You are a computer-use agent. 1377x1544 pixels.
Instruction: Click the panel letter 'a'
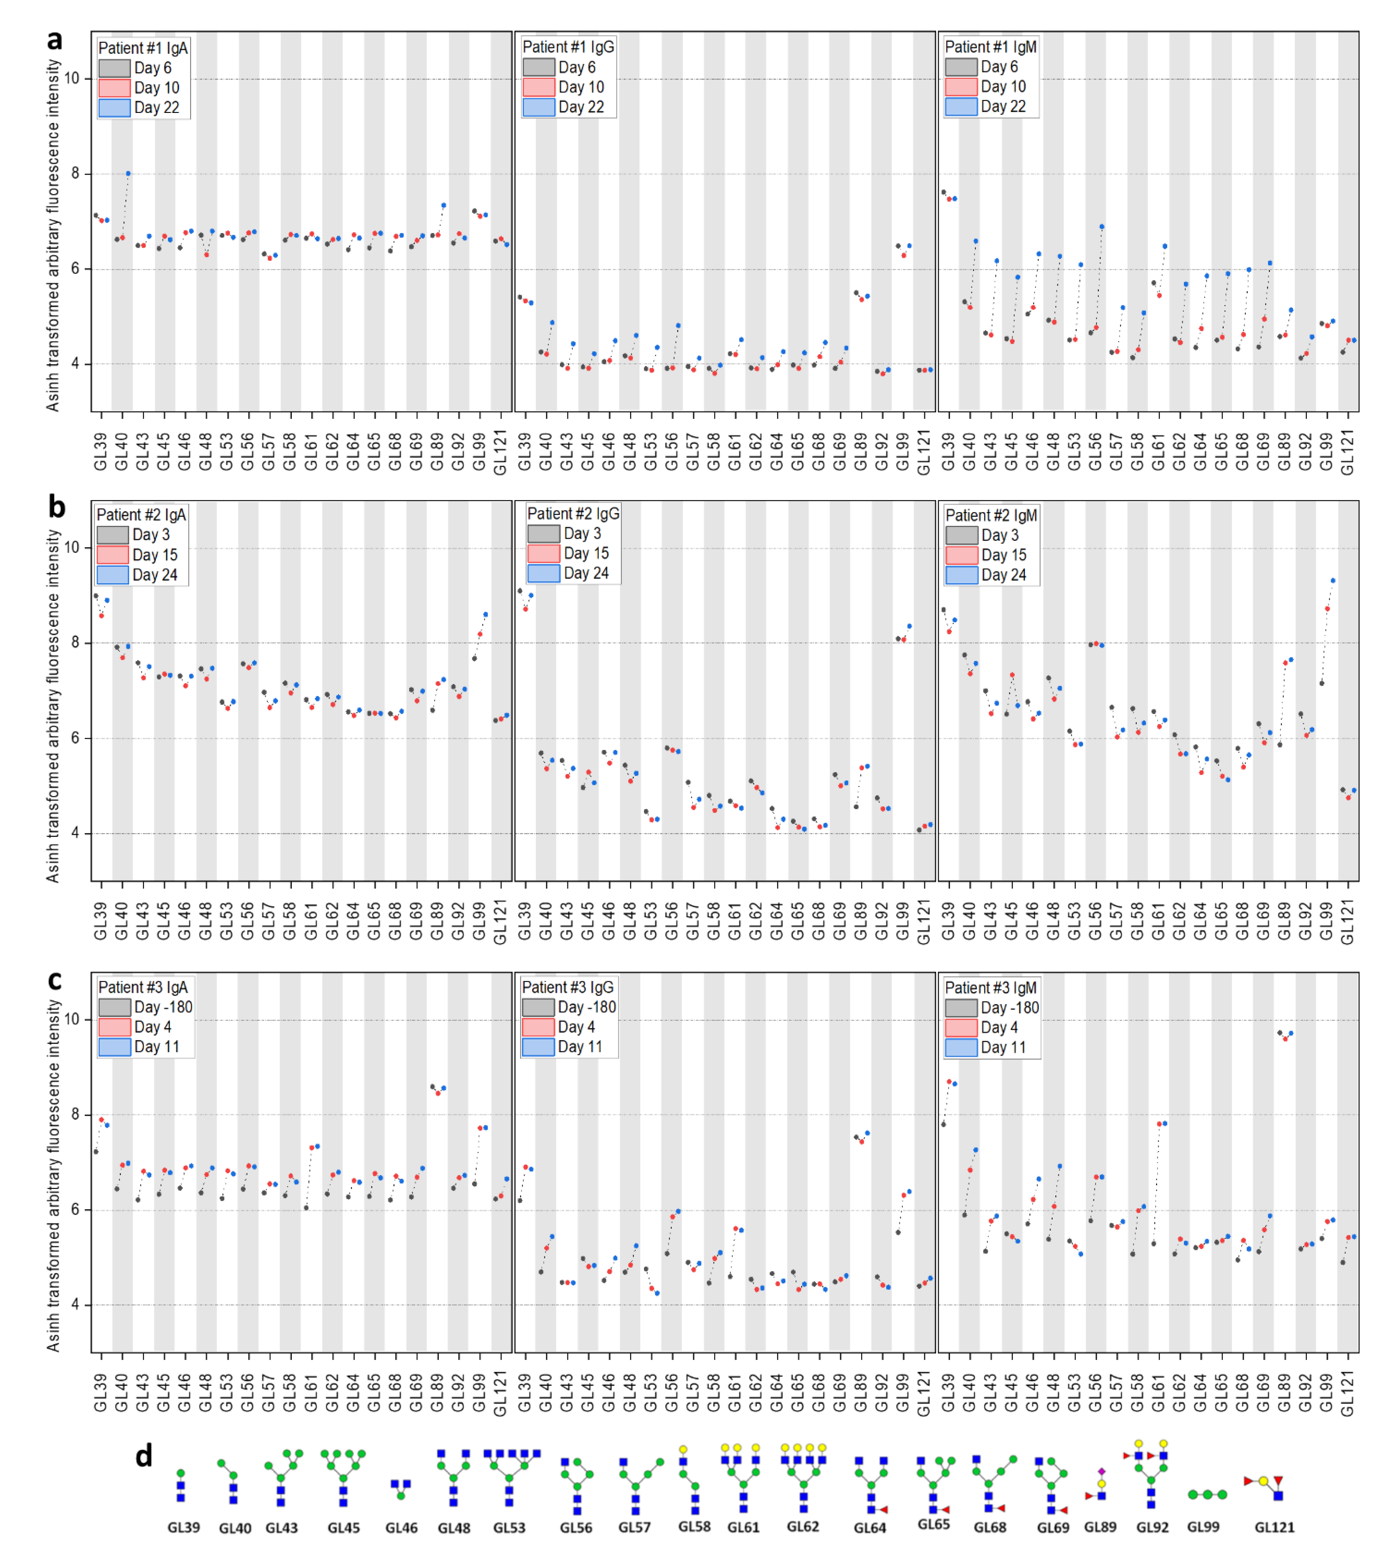55,39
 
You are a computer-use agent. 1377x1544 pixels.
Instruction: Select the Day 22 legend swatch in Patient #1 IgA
114,108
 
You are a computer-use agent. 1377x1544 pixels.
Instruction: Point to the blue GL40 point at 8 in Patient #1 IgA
128,173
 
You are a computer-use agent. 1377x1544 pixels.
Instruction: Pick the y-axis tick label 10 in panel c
72,1019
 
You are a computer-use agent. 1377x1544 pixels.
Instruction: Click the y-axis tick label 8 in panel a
75,173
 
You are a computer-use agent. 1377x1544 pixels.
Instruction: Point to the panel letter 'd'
144,1455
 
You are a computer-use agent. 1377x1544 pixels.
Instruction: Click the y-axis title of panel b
52,705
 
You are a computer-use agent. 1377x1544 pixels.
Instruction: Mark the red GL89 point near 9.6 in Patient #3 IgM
1285,1038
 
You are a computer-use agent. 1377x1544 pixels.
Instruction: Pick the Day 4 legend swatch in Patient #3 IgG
538,1027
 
